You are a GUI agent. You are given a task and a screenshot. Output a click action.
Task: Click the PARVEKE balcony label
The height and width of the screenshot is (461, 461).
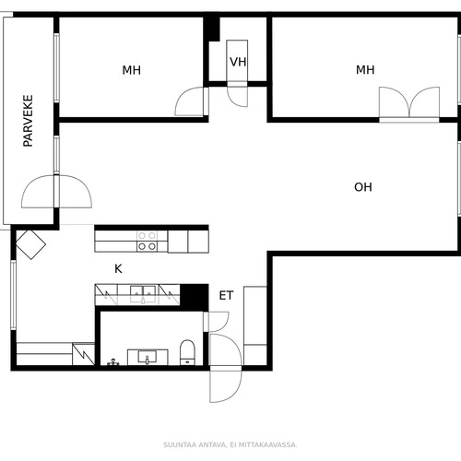28,121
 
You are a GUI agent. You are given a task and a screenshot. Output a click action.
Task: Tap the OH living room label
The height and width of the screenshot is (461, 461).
363,187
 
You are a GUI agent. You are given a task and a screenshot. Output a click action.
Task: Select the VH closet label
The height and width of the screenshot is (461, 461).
238,62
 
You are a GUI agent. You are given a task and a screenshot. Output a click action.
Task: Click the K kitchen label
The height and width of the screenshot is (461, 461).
118,269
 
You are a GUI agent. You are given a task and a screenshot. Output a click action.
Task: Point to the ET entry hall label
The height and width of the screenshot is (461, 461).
226,296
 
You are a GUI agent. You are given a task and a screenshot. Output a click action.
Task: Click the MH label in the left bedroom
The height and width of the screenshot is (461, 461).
132,70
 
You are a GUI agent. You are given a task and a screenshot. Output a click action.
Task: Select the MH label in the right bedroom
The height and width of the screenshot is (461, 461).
365,70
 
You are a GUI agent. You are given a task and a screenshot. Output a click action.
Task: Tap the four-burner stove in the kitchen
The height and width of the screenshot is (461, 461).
147,242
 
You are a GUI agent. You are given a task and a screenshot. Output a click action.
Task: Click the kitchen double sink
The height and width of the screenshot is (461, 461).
143,294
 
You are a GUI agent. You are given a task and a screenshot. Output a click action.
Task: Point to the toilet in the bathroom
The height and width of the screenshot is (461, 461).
187,352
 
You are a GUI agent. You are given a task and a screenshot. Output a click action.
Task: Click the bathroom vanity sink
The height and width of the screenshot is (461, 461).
148,358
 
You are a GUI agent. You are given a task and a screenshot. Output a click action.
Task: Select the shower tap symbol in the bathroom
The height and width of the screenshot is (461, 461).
113,362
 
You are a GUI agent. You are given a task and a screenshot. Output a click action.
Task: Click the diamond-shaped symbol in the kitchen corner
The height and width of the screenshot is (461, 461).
30,244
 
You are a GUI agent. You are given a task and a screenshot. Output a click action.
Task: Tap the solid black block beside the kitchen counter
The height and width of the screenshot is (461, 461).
195,297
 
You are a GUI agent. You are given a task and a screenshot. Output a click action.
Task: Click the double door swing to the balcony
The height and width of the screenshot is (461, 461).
56,192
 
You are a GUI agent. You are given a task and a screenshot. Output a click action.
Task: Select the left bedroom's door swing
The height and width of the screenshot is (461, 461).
189,101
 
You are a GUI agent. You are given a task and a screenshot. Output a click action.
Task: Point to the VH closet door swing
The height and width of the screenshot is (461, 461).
237,94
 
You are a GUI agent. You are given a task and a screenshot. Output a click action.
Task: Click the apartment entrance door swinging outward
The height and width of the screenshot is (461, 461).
226,384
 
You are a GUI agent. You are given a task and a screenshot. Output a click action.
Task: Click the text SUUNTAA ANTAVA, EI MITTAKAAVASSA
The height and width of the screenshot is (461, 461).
230,444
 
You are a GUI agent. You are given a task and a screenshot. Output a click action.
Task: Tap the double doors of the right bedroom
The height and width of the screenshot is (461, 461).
409,102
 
